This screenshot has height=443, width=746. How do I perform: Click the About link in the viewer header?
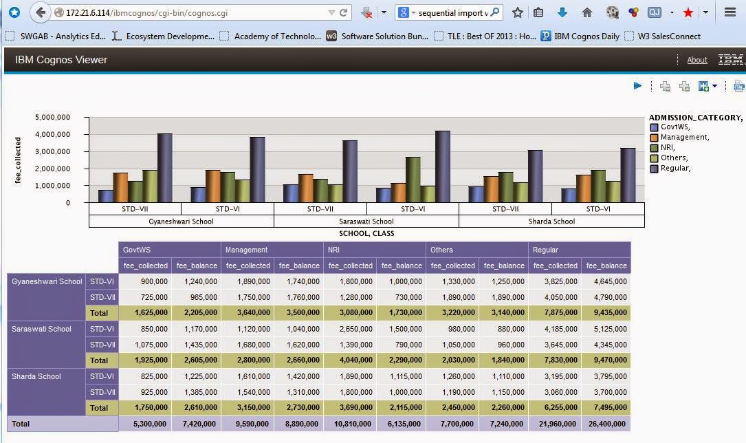click(697, 61)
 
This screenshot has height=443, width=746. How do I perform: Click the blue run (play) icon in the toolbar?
click(638, 86)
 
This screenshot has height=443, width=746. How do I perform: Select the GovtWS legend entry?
click(674, 127)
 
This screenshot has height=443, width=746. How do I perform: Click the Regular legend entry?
click(675, 168)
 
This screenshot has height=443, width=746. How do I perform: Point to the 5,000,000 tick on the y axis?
click(52, 117)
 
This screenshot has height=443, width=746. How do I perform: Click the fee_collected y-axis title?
click(19, 160)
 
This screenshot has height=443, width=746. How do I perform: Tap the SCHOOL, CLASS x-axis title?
click(366, 233)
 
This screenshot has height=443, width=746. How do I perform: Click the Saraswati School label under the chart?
click(366, 221)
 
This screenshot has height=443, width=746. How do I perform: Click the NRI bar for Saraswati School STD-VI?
click(413, 180)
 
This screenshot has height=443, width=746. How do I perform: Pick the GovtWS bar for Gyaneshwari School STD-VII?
click(105, 196)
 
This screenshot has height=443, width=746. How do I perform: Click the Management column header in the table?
click(246, 250)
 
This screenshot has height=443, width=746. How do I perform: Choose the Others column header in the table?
click(442, 250)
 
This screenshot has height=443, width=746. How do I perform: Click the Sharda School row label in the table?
click(36, 376)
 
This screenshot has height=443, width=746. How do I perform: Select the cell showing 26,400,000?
click(606, 424)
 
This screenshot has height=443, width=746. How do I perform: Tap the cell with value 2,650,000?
click(350, 329)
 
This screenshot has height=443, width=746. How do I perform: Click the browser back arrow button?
click(41, 12)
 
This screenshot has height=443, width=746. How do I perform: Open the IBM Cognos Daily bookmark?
click(586, 36)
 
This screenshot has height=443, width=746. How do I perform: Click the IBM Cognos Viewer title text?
click(61, 60)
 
